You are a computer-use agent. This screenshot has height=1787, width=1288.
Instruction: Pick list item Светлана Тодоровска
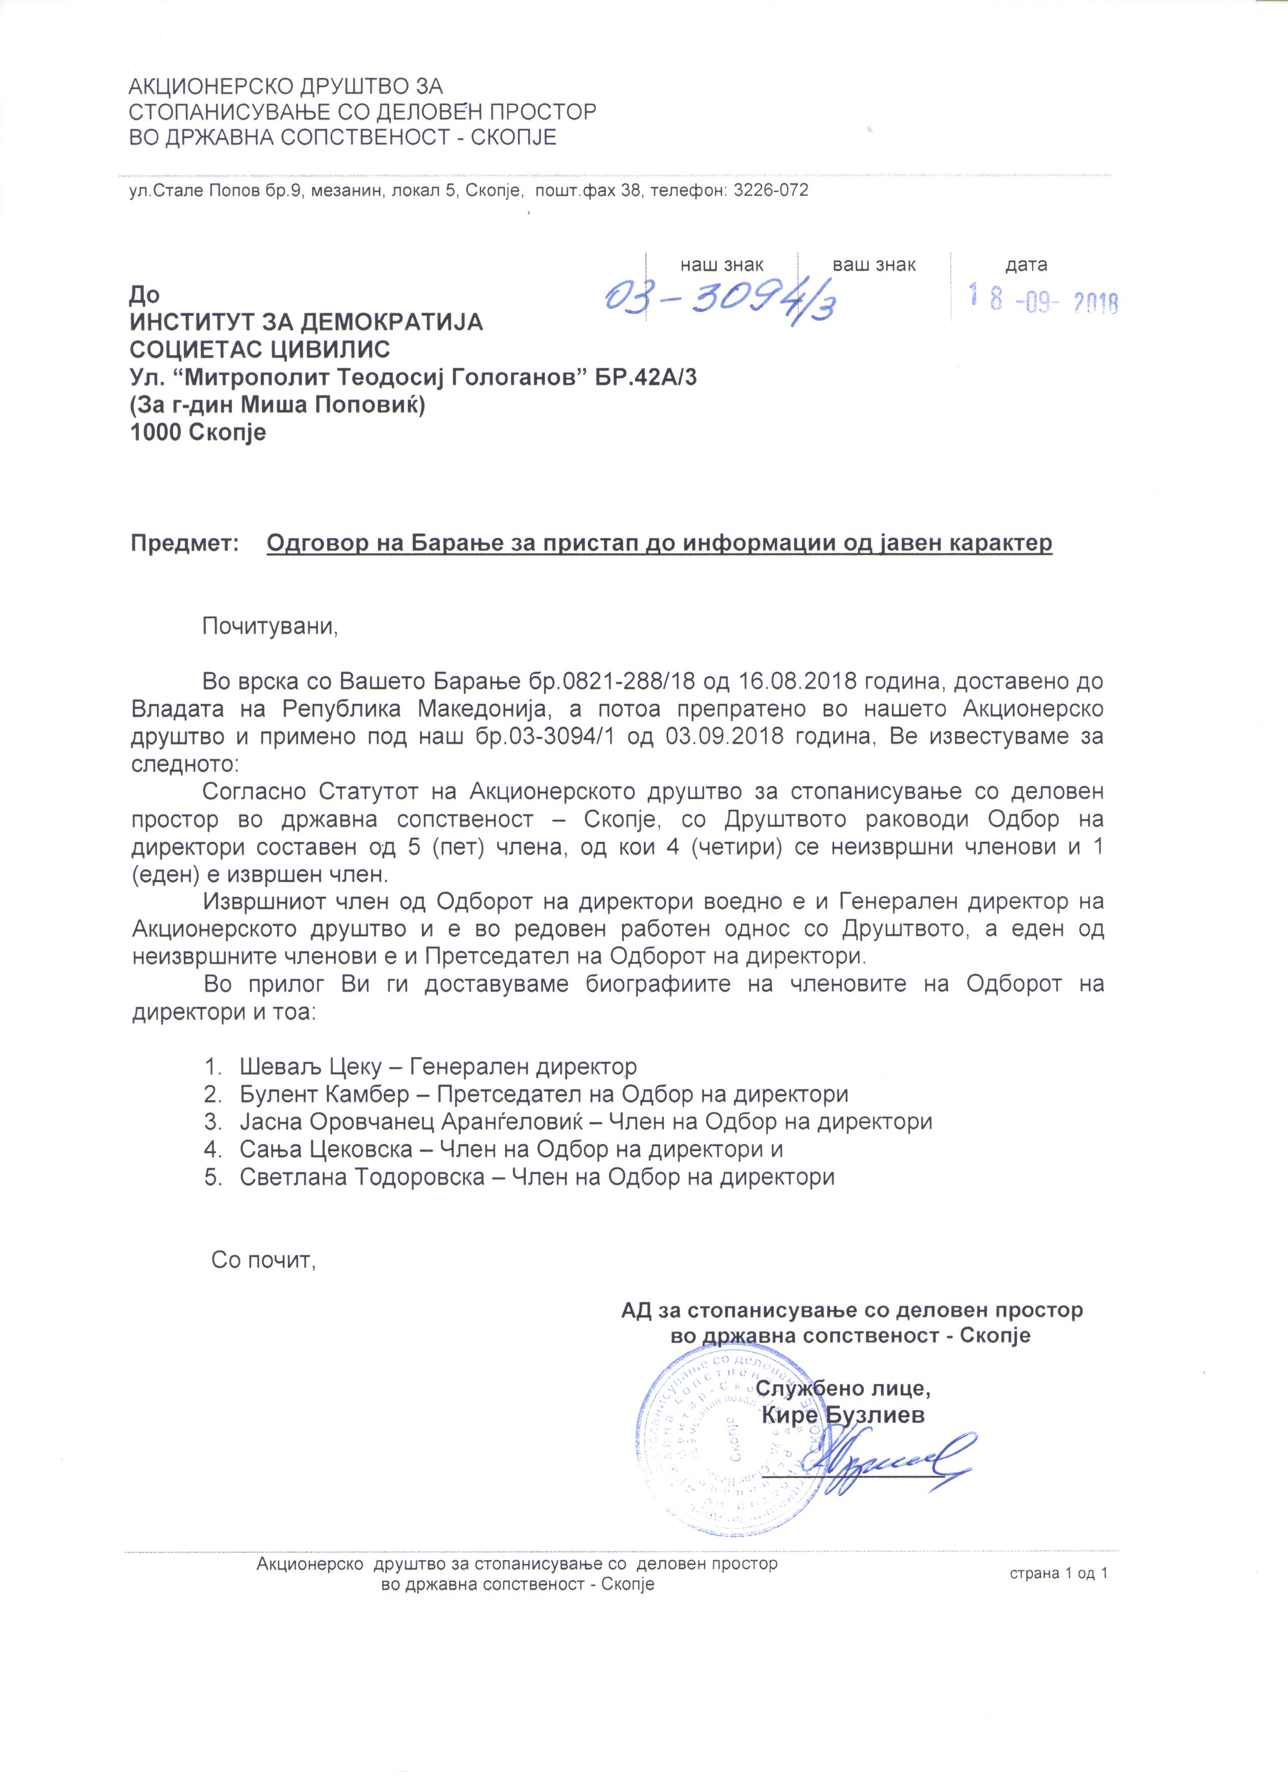tap(362, 1177)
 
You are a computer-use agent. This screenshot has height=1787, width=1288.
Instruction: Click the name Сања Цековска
tap(326, 1150)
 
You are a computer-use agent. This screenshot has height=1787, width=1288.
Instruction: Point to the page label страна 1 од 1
tap(1059, 1573)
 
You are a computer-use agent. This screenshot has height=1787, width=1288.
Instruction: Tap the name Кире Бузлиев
tap(843, 1415)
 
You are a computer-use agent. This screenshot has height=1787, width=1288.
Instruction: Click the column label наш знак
tap(721, 265)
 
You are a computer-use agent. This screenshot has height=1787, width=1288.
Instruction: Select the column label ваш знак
tap(874, 265)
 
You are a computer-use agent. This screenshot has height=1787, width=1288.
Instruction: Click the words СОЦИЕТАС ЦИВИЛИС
tap(260, 349)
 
